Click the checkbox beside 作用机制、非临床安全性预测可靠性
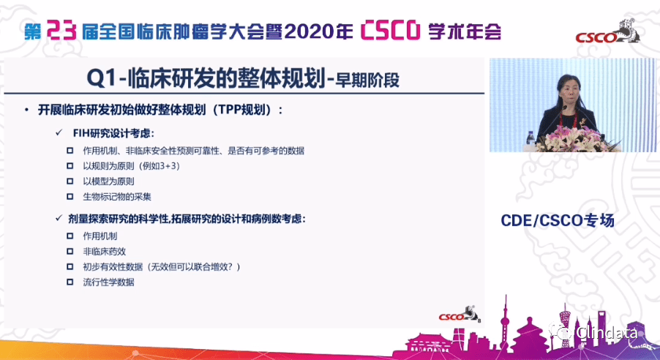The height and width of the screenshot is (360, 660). (70, 150)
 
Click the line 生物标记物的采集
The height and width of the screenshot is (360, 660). (117, 197)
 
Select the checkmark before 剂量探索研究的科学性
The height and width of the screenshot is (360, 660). (59, 219)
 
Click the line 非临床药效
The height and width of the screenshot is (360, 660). (105, 251)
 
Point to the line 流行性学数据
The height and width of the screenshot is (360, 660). (108, 282)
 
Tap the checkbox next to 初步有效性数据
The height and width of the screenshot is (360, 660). (70, 266)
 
